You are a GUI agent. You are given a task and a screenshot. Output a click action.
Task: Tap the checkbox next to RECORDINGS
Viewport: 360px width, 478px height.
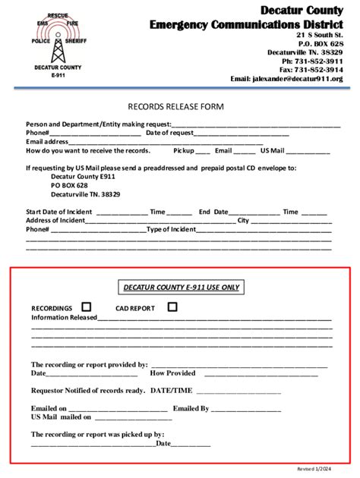(86, 307)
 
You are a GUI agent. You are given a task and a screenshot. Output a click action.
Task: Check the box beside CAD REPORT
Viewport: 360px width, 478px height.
(172, 307)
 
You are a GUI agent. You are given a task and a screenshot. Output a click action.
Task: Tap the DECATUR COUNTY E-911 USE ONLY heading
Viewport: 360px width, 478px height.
(180, 287)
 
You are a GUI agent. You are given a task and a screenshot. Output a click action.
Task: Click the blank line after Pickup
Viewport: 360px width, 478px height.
(201, 151)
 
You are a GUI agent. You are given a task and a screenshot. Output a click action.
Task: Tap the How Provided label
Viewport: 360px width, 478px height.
(173, 373)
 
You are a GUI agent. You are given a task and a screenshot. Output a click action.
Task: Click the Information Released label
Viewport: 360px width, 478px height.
(64, 318)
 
